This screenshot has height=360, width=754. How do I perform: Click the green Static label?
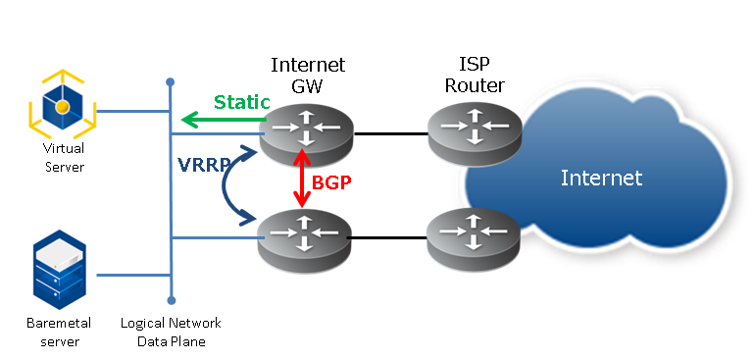242,102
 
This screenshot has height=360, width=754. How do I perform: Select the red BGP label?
331,181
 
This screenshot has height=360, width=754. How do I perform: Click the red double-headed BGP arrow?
304,179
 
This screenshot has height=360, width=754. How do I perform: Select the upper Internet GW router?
306,133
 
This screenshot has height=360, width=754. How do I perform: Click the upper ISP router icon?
474,130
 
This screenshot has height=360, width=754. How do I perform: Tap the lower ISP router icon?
474,239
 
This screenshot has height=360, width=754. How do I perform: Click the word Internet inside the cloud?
601,178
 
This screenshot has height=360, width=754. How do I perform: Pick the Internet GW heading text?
307,76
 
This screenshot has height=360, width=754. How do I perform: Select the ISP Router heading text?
475,76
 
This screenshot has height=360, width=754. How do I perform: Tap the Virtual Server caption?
64,158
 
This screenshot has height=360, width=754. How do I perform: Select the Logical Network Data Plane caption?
171,332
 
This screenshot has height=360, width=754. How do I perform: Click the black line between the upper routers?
390,131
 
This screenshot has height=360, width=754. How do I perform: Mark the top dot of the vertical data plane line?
171,81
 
